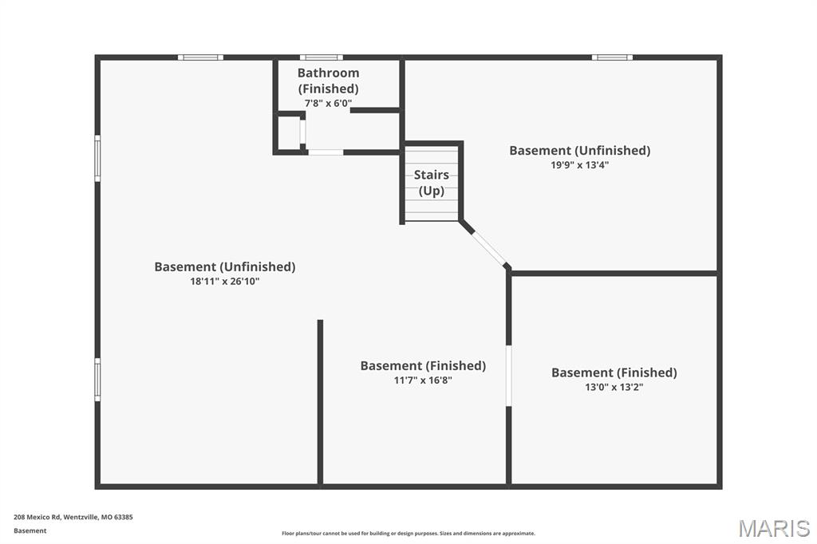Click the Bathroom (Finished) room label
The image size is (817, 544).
[x=328, y=81]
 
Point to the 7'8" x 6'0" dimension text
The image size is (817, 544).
[x=328, y=103]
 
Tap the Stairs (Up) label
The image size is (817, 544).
[x=432, y=183]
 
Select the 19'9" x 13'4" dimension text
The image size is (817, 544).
[x=580, y=165]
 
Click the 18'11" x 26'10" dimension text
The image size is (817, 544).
[x=224, y=282]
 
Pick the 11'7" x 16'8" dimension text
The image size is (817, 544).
[x=423, y=380]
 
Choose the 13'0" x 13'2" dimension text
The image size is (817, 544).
[x=614, y=387]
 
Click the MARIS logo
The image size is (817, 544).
[x=774, y=528]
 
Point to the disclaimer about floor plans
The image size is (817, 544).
[x=408, y=534]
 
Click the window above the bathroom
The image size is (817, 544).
[x=322, y=57]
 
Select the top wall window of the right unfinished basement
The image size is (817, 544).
[x=612, y=57]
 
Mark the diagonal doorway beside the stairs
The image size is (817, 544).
[x=489, y=248]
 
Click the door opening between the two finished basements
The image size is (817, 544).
[x=508, y=376]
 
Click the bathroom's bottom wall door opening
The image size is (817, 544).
[x=326, y=152]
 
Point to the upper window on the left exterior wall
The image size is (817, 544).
[x=97, y=159]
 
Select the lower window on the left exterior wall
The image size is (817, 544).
[x=97, y=380]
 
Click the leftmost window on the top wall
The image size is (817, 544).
[x=200, y=57]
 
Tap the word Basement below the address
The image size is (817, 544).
[x=30, y=531]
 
